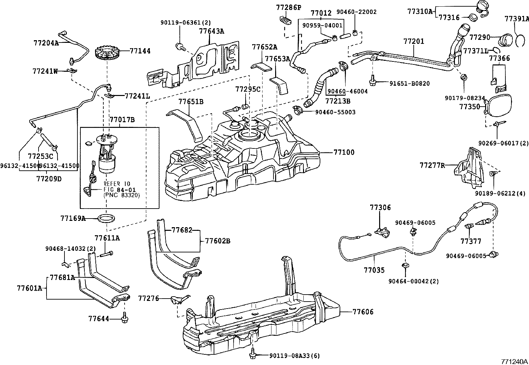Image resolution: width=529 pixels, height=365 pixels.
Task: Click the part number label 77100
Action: pyautogui.click(x=344, y=152)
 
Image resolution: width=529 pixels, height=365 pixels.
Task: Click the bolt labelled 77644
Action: pyautogui.click(x=125, y=319)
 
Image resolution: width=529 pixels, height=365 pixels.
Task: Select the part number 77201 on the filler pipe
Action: pyautogui.click(x=414, y=42)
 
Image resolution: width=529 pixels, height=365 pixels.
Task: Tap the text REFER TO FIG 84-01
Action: pyautogui.click(x=117, y=187)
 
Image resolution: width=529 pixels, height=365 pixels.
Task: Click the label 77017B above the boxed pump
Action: pyautogui.click(x=122, y=120)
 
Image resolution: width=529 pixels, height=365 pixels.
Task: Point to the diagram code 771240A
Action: pyautogui.click(x=514, y=361)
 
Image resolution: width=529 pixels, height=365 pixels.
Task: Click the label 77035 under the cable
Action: pyautogui.click(x=374, y=270)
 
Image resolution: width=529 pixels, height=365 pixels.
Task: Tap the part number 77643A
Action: pyautogui.click(x=211, y=32)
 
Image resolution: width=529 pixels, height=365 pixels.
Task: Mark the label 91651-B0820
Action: pyautogui.click(x=409, y=84)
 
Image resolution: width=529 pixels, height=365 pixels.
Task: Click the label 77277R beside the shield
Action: pyautogui.click(x=432, y=165)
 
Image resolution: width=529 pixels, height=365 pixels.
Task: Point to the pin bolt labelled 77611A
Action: pyautogui.click(x=106, y=255)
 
